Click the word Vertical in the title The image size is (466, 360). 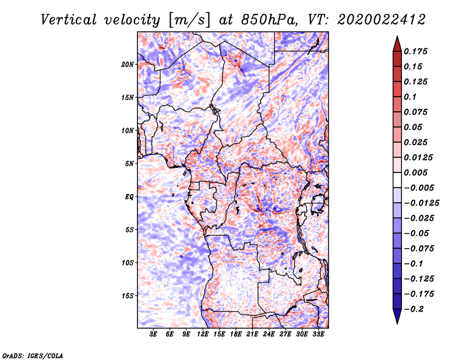(x=68, y=20)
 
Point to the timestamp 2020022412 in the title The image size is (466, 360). (x=382, y=20)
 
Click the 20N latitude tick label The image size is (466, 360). (x=128, y=65)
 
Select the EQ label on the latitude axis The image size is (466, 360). (x=129, y=197)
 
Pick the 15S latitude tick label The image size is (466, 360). (x=128, y=296)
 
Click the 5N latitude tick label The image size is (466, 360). (x=129, y=164)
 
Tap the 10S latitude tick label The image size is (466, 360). (x=128, y=263)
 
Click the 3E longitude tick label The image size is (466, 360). (x=153, y=334)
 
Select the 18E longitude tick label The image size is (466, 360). (x=236, y=334)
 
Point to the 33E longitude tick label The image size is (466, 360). (x=318, y=334)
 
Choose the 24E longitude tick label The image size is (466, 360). (x=269, y=334)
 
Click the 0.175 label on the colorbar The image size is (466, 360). (x=415, y=51)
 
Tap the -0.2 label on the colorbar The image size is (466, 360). (x=414, y=309)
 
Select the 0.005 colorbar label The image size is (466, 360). (x=415, y=172)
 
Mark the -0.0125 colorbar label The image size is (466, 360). (x=421, y=203)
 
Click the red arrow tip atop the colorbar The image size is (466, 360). (x=397, y=37)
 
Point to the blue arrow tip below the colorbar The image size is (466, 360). (x=397, y=323)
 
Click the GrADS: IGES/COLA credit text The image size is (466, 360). (x=33, y=355)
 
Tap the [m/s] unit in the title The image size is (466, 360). (x=189, y=20)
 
